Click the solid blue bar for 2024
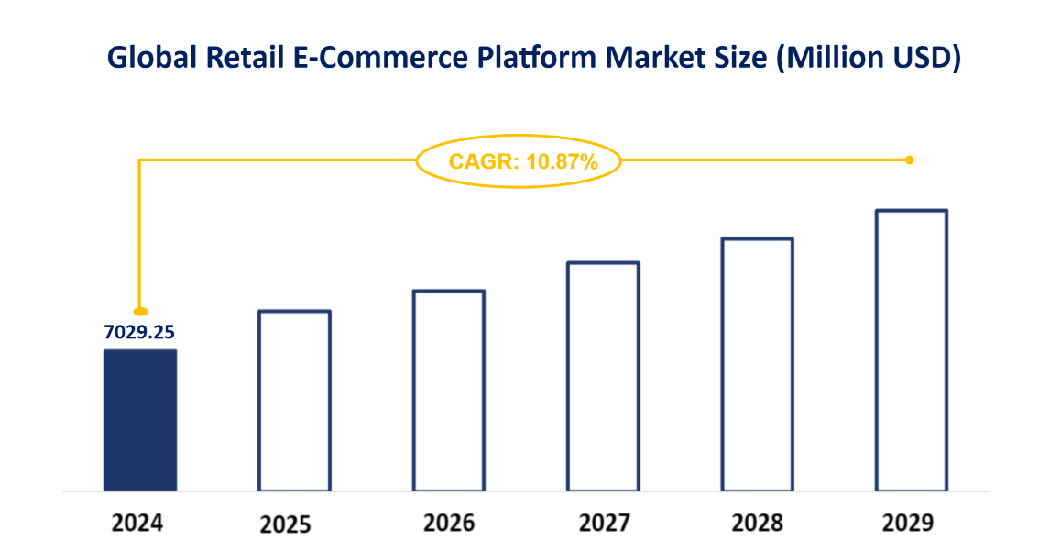139,420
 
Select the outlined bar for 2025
294,401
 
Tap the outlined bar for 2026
449,391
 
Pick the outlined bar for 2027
603,377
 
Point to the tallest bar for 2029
912,350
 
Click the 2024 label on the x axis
137,524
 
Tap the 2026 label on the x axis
449,523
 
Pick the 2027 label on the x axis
604,523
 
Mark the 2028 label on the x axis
758,523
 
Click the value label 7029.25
138,332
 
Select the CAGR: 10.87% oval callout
519,162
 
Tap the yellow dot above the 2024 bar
140,312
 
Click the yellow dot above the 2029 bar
910,160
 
